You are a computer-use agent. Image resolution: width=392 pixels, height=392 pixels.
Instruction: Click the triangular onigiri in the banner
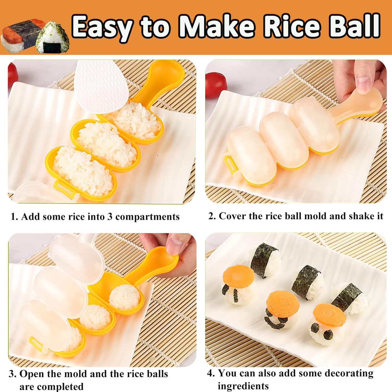click(x=53, y=38)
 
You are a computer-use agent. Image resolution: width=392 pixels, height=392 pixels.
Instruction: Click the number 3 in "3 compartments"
click(x=110, y=217)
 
